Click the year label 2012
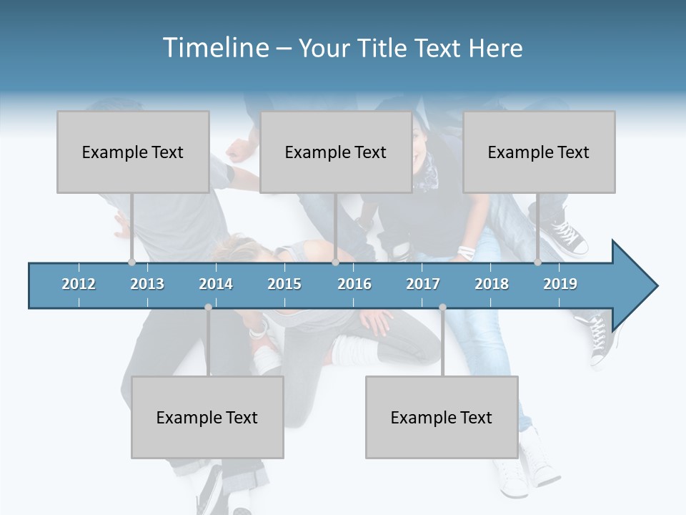click(79, 284)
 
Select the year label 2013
click(147, 284)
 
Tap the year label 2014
click(216, 284)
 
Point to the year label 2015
click(284, 284)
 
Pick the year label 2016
click(354, 284)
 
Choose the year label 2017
click(423, 284)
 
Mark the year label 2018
click(492, 284)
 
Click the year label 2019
click(560, 284)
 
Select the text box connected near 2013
click(133, 152)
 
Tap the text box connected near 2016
click(336, 152)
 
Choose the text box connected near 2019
click(539, 152)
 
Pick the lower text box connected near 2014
click(207, 417)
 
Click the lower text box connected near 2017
click(442, 417)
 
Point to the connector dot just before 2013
click(131, 263)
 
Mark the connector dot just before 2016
click(335, 263)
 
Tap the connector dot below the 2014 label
click(208, 307)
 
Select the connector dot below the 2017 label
click(442, 307)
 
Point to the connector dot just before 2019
click(537, 263)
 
